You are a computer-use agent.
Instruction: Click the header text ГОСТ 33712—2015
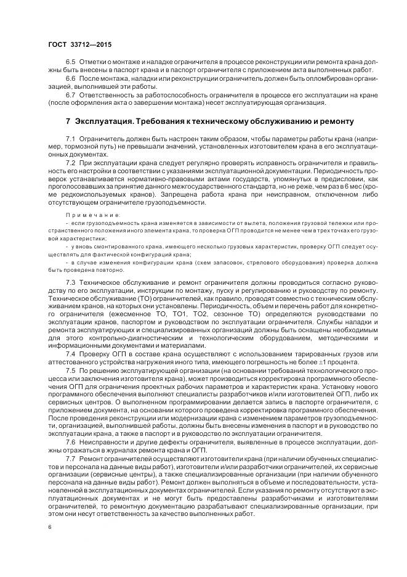(79, 44)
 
